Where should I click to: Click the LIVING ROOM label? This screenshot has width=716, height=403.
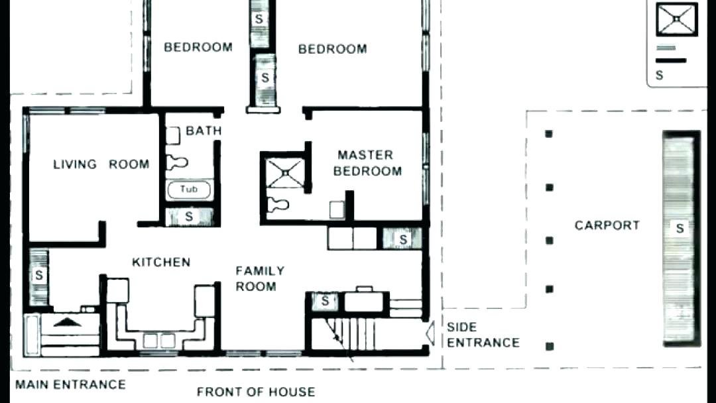click(101, 164)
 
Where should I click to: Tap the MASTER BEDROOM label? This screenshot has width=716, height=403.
click(367, 163)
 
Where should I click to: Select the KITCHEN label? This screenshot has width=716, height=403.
click(161, 262)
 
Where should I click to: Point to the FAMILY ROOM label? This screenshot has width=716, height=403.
click(260, 278)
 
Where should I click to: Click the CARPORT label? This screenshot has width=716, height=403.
click(607, 225)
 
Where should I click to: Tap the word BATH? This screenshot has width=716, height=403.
click(204, 131)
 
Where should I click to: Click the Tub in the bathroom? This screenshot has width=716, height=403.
click(189, 190)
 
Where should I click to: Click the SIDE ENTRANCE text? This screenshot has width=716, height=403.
click(483, 335)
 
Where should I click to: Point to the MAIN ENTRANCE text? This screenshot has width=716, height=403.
click(70, 384)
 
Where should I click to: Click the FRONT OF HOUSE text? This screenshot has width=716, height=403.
click(255, 392)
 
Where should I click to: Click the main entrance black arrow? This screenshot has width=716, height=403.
click(65, 322)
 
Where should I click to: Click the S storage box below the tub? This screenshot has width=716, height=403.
click(189, 216)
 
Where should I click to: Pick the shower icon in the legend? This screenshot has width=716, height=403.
click(676, 19)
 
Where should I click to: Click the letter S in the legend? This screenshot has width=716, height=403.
click(659, 76)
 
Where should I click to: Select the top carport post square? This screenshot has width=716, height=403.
click(549, 135)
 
